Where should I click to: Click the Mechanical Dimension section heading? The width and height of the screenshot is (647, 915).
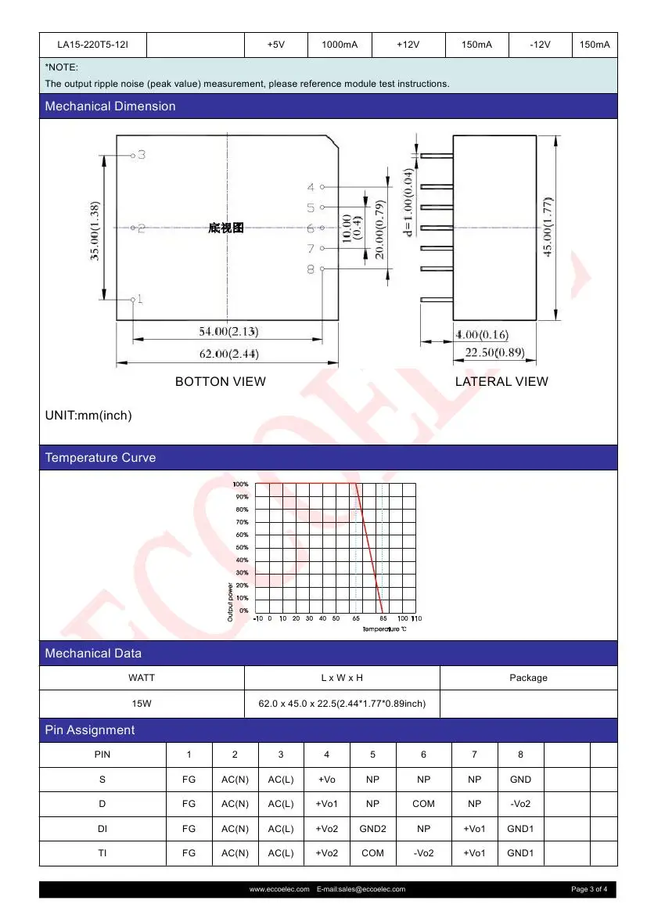tap(110, 106)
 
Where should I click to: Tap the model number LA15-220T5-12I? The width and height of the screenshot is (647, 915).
tap(92, 45)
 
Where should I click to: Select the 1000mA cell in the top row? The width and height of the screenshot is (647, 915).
tap(340, 45)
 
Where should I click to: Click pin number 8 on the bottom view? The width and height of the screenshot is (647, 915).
tap(311, 269)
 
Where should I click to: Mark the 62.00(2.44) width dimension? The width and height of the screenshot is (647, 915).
tap(228, 355)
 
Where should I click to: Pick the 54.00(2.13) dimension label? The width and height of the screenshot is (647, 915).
tap(228, 332)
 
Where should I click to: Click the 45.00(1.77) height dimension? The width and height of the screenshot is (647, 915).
tap(548, 227)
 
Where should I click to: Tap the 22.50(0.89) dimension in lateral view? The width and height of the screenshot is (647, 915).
tap(494, 353)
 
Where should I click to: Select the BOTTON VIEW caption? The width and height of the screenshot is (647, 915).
tap(220, 382)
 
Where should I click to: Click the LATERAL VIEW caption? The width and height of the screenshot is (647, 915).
tap(501, 382)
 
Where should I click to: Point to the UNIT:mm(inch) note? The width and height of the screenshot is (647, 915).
tap(88, 416)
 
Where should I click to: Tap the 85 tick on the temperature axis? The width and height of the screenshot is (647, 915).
tap(383, 619)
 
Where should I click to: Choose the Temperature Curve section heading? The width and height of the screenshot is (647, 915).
tap(100, 458)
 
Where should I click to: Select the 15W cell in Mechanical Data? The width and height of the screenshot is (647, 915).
tap(142, 704)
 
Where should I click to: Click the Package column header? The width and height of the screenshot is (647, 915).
tap(528, 678)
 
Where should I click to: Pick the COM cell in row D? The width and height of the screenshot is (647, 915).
tap(423, 804)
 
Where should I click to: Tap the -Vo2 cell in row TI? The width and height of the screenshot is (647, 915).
tap(423, 853)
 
